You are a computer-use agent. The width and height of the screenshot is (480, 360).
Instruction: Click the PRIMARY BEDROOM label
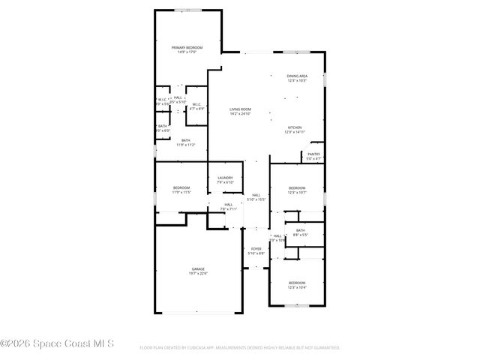click(x=187, y=47)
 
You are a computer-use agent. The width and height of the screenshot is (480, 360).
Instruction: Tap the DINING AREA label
click(x=297, y=76)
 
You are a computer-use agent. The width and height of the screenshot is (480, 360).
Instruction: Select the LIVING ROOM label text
click(x=240, y=109)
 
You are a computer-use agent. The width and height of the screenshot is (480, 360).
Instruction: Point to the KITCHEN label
click(x=295, y=127)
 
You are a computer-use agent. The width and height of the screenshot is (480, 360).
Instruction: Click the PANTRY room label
click(x=313, y=154)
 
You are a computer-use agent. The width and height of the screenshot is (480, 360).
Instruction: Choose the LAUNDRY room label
click(x=225, y=178)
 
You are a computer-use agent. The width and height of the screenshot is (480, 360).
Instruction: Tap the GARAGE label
click(x=198, y=268)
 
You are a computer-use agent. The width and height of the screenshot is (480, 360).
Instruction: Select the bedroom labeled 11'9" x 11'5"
click(x=181, y=187)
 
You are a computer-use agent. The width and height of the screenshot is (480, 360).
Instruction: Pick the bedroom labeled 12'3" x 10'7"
click(x=297, y=187)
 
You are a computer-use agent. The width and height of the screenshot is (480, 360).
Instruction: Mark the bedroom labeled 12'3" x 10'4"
click(x=297, y=283)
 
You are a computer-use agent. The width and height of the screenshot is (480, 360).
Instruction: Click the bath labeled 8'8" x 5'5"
click(x=300, y=230)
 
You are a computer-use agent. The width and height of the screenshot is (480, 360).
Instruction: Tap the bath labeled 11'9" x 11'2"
click(x=185, y=140)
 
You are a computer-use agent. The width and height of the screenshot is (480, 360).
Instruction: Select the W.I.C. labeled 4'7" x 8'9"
click(x=196, y=104)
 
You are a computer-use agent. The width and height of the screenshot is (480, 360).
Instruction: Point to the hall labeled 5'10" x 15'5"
click(x=256, y=195)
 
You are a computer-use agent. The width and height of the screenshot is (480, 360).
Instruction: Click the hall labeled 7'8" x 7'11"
click(x=228, y=204)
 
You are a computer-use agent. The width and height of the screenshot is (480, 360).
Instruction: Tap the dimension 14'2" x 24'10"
click(x=240, y=115)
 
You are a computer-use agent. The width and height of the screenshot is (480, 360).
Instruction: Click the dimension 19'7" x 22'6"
click(x=198, y=274)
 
